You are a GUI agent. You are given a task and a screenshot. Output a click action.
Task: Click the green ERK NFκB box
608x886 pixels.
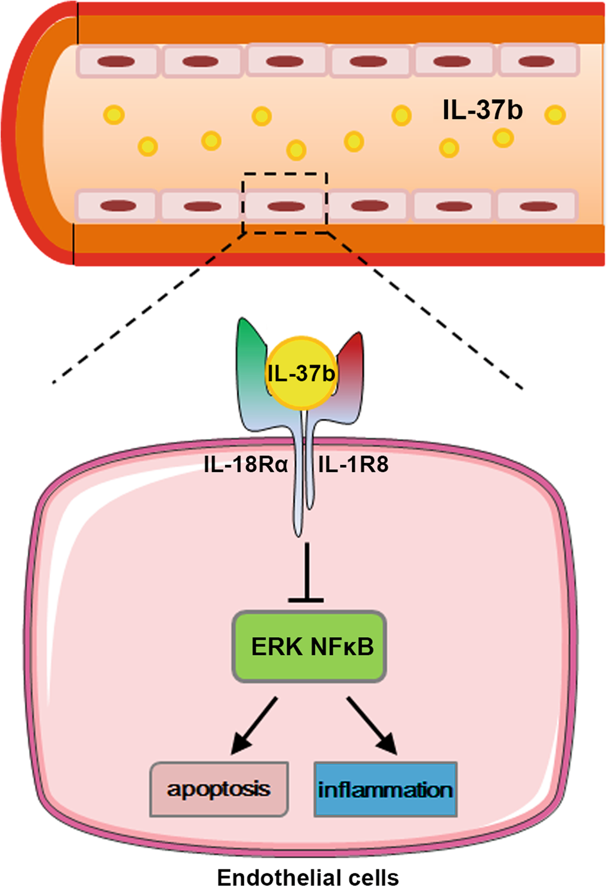click(x=309, y=646)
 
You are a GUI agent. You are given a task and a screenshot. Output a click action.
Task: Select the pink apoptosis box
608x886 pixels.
click(x=219, y=789)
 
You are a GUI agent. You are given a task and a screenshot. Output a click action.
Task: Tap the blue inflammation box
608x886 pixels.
click(x=385, y=789)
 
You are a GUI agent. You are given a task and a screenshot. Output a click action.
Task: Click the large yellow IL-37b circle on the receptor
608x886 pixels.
click(x=301, y=374)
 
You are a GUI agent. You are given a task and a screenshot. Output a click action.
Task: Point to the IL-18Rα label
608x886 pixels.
click(x=246, y=464)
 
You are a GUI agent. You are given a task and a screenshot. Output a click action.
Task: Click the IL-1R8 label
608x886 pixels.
click(x=353, y=464)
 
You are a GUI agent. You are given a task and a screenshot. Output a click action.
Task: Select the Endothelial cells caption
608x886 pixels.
click(x=308, y=877)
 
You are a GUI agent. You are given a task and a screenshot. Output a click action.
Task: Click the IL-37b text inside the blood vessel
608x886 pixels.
click(x=482, y=110)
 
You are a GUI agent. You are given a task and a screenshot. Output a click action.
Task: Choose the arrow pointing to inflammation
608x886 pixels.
click(x=373, y=727)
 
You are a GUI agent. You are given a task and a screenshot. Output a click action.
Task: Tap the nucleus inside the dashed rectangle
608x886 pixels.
click(x=285, y=206)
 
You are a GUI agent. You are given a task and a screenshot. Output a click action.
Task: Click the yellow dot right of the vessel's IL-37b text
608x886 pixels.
click(x=555, y=115)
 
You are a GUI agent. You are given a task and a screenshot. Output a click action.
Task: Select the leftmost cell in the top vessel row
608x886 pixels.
click(x=116, y=62)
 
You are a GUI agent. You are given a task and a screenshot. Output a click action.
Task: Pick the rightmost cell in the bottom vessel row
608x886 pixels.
click(x=537, y=206)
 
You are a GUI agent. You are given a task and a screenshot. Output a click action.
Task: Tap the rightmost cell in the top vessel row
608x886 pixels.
click(x=537, y=62)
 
